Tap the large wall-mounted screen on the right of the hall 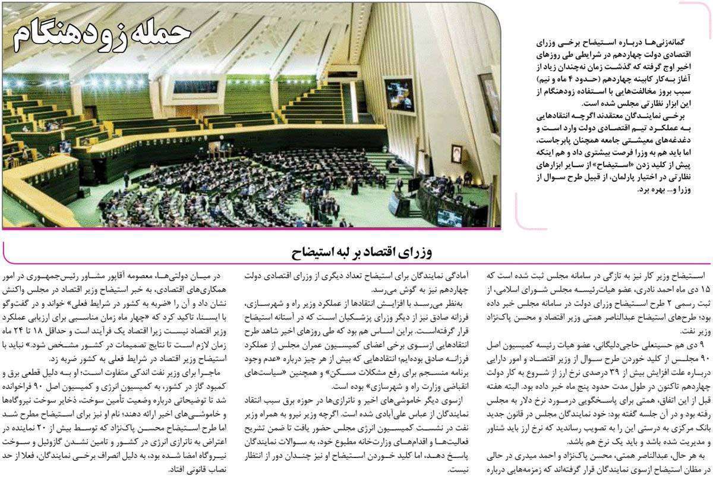489,96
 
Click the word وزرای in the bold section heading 428,252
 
